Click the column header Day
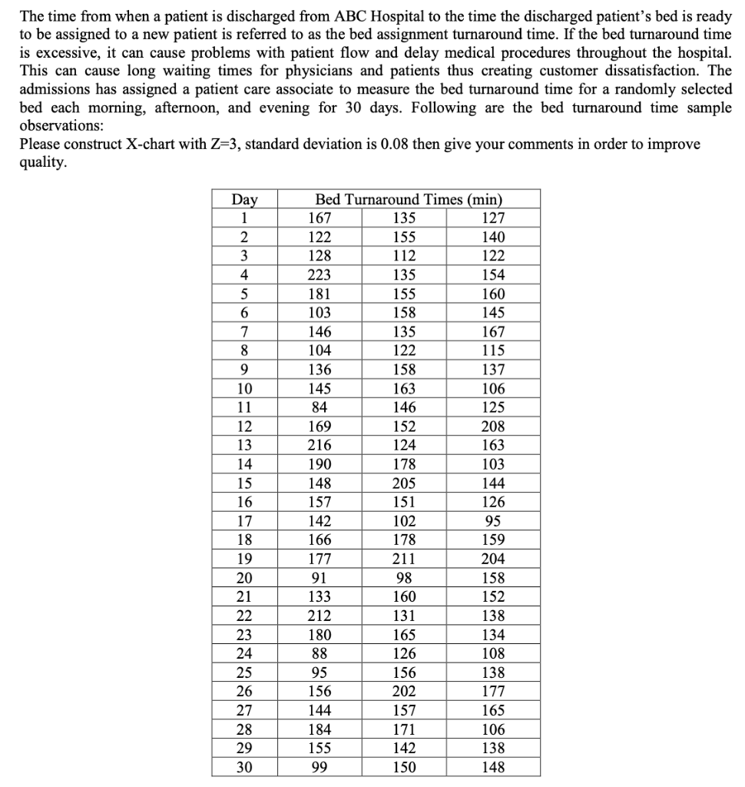click(244, 199)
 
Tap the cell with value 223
click(320, 275)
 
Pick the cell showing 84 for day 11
click(320, 407)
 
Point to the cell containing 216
click(320, 445)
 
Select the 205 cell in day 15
click(404, 483)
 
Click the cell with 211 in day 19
click(404, 559)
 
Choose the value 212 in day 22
click(320, 616)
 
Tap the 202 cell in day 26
click(404, 691)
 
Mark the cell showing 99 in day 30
click(320, 767)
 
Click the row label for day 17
click(244, 521)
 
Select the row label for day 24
click(244, 653)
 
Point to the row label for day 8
click(244, 350)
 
